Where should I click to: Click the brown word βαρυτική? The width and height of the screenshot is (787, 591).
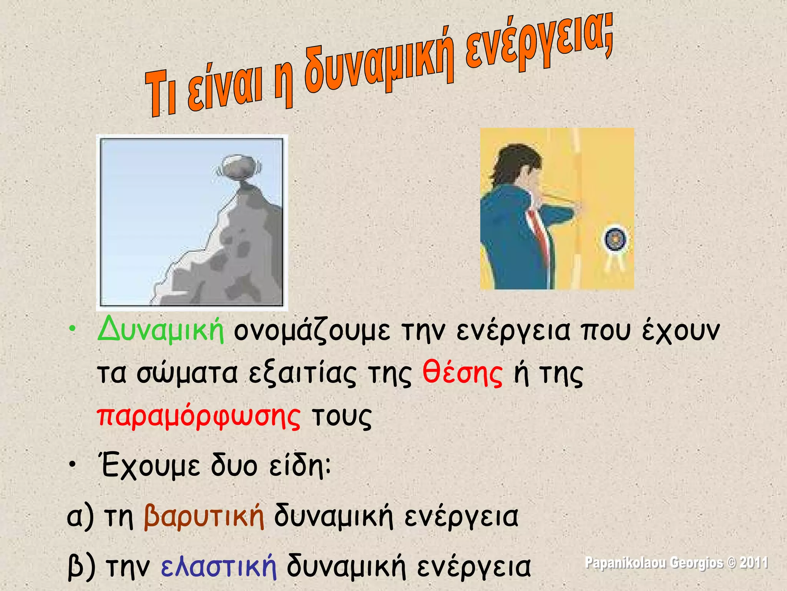coord(204,516)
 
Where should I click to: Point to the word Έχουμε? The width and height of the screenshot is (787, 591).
coord(150,466)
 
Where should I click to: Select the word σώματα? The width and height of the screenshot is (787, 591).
coord(188,374)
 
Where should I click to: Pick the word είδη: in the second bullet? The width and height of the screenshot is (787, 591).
coord(300,466)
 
